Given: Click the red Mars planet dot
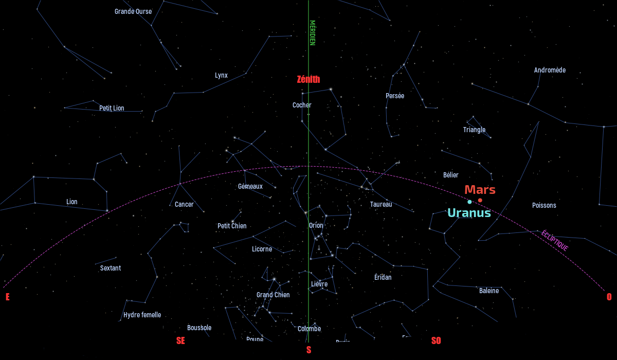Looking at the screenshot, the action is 480,200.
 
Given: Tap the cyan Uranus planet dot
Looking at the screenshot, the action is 469,202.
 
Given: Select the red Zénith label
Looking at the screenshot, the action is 308,79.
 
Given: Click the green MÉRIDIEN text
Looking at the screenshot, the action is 312,33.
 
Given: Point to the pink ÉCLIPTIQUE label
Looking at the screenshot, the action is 554,240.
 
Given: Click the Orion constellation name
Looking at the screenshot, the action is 316,225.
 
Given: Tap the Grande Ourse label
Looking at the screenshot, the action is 133,11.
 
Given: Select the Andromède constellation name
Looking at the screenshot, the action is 549,70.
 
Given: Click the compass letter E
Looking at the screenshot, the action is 7,297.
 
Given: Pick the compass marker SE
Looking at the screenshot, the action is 180,340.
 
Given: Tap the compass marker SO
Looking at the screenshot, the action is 436,340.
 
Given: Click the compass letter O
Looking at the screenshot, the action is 609,297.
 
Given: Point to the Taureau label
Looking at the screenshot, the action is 380,204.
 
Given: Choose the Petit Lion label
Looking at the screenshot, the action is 112,108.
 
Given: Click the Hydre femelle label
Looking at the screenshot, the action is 142,315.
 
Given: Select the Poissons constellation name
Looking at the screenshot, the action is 544,205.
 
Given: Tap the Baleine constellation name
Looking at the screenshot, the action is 488,291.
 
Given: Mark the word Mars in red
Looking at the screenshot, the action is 480,189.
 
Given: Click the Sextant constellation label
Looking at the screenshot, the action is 111,268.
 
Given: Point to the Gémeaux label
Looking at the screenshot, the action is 250,186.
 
